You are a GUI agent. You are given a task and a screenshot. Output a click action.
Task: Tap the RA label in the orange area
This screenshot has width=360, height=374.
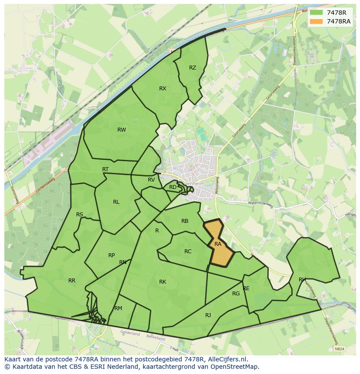pos(218,244)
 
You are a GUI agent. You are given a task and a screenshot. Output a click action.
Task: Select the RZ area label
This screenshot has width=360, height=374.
pos(193,68)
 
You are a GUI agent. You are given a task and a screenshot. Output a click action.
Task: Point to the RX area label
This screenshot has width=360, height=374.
pos(163,89)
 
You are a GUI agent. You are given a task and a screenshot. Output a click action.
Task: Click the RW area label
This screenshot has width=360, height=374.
pos(122,130)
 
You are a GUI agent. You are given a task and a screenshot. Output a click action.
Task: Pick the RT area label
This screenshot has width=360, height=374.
pos(105,169)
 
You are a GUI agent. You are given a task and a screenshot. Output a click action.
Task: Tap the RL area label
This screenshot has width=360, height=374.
pos(116,202)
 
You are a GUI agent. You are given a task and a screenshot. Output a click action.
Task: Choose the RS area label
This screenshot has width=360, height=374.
pos(80,215)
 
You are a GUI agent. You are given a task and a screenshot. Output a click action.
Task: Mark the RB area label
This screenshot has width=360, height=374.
pos(185,222)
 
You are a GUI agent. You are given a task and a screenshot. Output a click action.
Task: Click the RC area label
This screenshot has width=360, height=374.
pos(188,252)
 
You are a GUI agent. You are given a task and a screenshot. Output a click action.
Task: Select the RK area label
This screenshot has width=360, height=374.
pos(163,282)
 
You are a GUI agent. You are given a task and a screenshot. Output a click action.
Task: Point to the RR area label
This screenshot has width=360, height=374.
pos(72,281)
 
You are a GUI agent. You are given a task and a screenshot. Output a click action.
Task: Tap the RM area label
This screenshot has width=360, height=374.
pos(118,308)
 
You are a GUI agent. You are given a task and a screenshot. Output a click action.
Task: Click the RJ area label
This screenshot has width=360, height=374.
pos(208,315)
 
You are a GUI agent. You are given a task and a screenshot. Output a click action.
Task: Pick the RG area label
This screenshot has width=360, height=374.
pos(236,294)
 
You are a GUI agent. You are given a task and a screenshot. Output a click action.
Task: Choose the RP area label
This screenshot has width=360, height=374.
pos(112,255)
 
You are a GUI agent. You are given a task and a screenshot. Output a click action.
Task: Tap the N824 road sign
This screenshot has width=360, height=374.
pos(340,349)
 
